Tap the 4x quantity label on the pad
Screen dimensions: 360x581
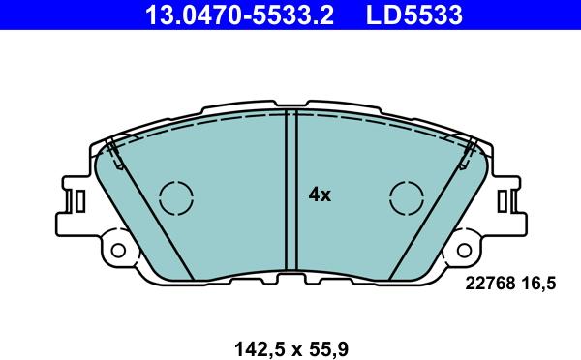pos(320,195)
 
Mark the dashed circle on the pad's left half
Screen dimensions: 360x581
pos(176,197)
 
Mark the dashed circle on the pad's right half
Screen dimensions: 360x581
pos(407,197)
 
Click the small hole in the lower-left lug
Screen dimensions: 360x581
pos(119,250)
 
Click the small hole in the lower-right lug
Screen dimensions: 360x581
pos(464,250)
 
